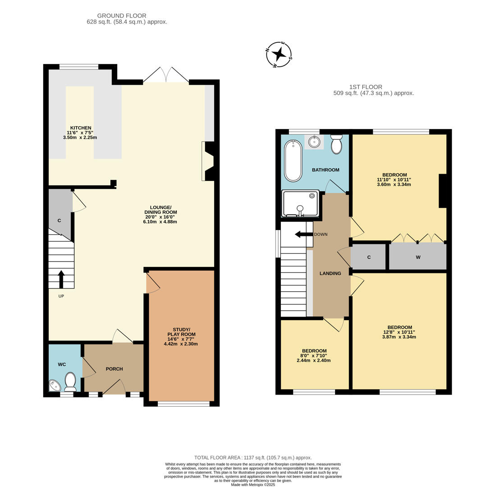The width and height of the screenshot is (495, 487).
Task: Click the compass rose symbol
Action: coord(279,55)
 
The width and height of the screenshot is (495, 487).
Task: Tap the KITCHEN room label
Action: coord(80,128)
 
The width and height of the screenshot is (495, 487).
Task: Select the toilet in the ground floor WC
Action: coord(70,381)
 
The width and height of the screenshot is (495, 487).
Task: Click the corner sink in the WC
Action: coord(54,386)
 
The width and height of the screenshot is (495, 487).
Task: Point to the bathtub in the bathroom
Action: coord(293,161)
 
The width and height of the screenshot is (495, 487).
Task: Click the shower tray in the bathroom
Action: coord(300,203)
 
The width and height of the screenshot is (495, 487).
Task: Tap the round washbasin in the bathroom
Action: coord(314,142)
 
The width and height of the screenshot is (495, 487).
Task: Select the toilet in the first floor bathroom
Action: coord(336,144)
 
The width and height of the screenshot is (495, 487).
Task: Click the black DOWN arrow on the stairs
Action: coord(303,234)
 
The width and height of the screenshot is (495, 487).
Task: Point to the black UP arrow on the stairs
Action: coord(61,279)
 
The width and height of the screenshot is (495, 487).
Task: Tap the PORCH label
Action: coord(114,369)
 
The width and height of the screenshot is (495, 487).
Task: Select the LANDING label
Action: coord(330,273)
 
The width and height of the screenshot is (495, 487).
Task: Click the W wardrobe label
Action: coord(418,257)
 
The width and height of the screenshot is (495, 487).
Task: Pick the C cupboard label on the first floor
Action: coord(369,257)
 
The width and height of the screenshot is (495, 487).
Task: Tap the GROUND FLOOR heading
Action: coord(122,16)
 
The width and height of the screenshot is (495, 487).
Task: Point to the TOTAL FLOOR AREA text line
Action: coord(253,457)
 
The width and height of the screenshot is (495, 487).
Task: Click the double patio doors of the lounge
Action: coord(166,75)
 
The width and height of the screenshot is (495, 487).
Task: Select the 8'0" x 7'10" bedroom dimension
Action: coord(314,356)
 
